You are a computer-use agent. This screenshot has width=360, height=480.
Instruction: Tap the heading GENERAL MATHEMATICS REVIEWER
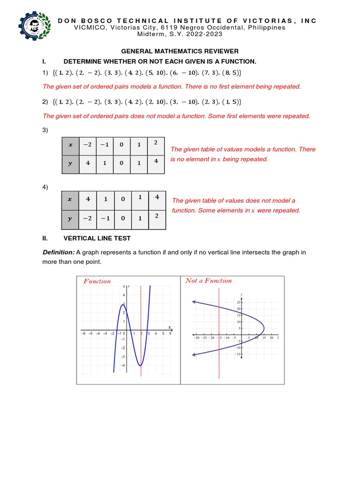(x=180, y=51)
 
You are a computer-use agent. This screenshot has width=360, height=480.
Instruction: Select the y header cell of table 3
(x=71, y=164)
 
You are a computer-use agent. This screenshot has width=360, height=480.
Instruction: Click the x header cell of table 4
(x=70, y=199)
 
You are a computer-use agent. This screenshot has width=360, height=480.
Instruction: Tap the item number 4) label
(x=45, y=187)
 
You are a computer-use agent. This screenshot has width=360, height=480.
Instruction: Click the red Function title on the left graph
(x=97, y=281)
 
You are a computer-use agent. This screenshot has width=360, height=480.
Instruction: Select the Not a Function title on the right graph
(x=209, y=281)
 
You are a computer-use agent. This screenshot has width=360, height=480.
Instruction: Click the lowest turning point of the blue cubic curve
(x=140, y=365)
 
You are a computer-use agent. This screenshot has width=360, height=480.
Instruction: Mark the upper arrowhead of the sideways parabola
(x=194, y=302)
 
